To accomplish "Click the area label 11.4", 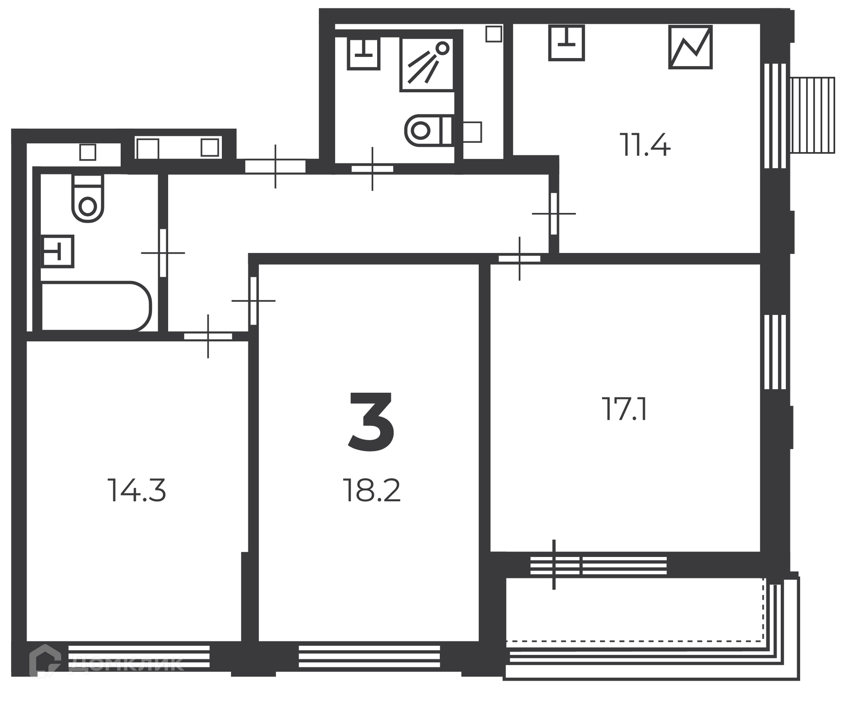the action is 645,145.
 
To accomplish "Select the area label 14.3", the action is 137,490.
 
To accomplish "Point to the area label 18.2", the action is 372,490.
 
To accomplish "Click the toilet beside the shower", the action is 429,130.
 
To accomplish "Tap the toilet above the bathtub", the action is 88,198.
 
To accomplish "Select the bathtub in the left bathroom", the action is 96,306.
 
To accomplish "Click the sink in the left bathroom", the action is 58,251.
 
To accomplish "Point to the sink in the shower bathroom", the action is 363,54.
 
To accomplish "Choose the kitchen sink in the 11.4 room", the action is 566,43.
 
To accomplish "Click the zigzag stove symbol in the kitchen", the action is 690,47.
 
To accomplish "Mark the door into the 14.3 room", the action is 208,336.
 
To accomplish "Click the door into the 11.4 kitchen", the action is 553,213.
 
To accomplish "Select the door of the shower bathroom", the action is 372,169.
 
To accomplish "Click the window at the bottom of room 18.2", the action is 369,656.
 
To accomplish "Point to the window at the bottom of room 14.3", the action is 139,656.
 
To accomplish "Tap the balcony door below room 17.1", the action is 555,565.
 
